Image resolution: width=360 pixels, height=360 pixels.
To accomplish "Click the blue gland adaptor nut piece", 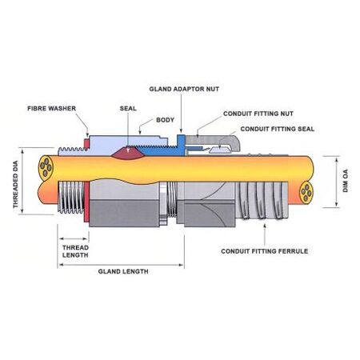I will click(182, 144).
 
